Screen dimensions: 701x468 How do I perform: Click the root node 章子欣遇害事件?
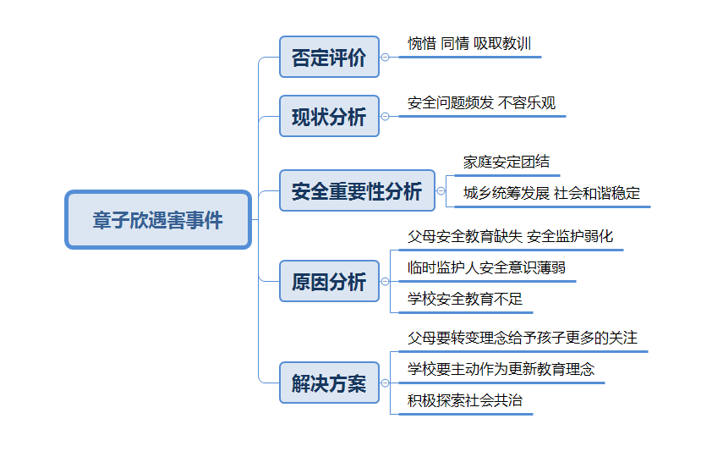pyautogui.click(x=158, y=220)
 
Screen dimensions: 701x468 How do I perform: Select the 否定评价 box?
pyautogui.click(x=330, y=57)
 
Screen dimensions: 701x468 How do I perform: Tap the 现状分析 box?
pyautogui.click(x=330, y=116)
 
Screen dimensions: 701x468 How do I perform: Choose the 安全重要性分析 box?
pyautogui.click(x=357, y=190)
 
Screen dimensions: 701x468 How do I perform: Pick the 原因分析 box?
pyautogui.click(x=330, y=281)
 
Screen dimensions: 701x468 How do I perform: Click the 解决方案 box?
pyautogui.click(x=330, y=383)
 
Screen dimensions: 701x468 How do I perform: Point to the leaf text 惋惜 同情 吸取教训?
pyautogui.click(x=469, y=44)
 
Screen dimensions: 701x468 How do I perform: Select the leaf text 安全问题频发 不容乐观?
pyautogui.click(x=481, y=103)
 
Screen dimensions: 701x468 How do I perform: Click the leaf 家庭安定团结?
pyautogui.click(x=507, y=162)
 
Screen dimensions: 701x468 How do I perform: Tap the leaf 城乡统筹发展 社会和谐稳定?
pyautogui.click(x=551, y=193)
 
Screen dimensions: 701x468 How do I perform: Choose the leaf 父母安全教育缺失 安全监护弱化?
pyautogui.click(x=510, y=236)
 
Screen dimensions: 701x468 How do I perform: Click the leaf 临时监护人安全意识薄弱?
pyautogui.click(x=486, y=267)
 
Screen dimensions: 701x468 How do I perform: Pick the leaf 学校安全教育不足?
pyautogui.click(x=465, y=299)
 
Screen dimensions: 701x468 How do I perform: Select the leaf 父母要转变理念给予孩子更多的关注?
pyautogui.click(x=523, y=338)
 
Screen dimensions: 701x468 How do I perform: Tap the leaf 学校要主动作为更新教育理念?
pyautogui.click(x=501, y=369)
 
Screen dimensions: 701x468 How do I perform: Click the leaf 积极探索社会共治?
pyautogui.click(x=465, y=400)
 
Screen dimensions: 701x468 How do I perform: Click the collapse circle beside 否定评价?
pyautogui.click(x=385, y=58)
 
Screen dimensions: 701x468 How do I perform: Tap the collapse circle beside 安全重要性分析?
pyautogui.click(x=441, y=191)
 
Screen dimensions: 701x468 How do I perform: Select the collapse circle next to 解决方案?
pyautogui.click(x=385, y=383)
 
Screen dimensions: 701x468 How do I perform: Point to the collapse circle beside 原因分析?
pyautogui.click(x=385, y=282)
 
